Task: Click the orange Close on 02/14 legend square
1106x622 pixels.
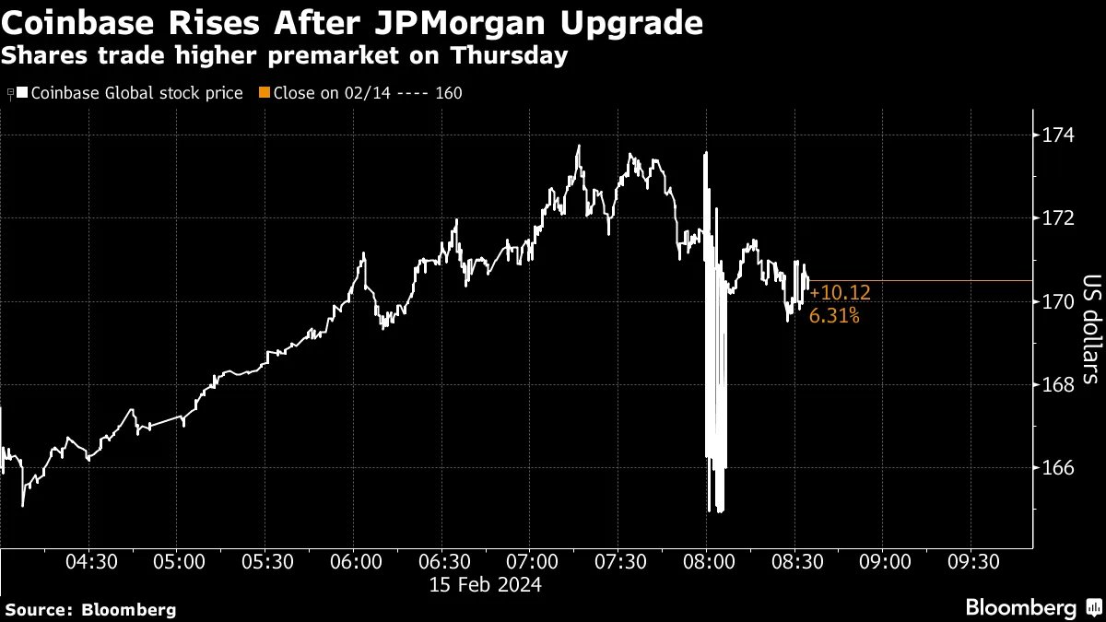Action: [265, 93]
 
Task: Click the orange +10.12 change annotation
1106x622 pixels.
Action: [840, 293]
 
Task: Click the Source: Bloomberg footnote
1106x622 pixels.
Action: [90, 609]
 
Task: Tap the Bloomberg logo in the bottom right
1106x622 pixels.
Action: [1030, 608]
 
